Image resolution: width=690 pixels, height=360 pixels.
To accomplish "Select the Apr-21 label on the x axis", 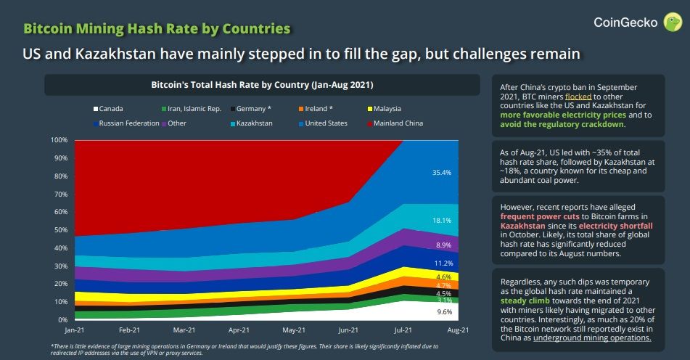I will (239, 329).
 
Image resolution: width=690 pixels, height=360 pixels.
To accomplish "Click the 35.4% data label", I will (442, 173).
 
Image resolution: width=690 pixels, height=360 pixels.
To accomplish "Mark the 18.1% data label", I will (442, 220).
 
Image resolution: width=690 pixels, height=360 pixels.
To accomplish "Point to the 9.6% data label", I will (444, 312).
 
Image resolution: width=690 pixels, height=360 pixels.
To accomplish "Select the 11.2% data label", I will (444, 263).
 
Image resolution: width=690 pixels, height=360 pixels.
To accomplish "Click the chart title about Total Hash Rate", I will (262, 85).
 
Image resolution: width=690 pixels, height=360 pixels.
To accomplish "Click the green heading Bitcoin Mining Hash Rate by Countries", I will (157, 28).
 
